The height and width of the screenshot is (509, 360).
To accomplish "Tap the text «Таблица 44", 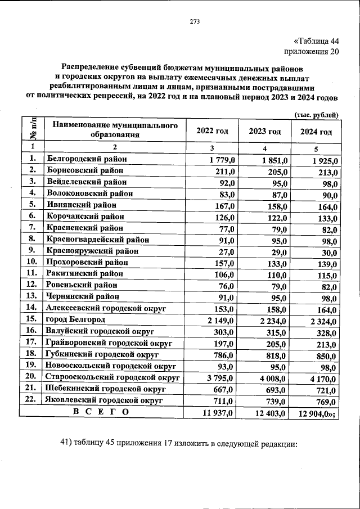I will point(317,40).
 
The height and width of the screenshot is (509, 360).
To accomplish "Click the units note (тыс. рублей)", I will point(316,116).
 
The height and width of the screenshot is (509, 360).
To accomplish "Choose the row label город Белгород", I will point(76,319).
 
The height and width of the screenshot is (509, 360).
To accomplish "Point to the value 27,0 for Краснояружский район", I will point(226,252).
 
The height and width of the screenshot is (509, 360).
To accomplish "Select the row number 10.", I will point(32,262).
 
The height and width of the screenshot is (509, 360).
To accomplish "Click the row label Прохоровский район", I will point(87,262).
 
